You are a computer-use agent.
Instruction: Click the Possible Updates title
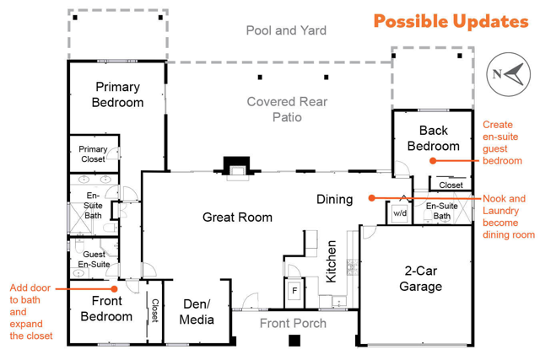[451, 21]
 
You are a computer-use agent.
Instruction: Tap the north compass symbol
[508, 74]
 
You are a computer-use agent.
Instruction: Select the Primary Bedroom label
[118, 94]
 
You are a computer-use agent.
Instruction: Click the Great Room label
[237, 218]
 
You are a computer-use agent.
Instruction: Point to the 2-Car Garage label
[421, 278]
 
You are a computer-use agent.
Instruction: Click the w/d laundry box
[400, 213]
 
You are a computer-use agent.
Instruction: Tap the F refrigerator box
[294, 291]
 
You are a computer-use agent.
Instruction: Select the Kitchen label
[331, 261]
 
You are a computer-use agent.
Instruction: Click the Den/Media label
[197, 312]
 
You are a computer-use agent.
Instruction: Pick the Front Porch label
[293, 323]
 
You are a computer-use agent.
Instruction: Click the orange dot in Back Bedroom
[433, 161]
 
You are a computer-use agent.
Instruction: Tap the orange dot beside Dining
[371, 198]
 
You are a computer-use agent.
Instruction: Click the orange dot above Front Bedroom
[115, 288]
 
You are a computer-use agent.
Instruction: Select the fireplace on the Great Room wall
[236, 169]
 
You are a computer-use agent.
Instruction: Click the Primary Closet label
[93, 154]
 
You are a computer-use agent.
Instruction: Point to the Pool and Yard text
[286, 30]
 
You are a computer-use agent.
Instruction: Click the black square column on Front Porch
[294, 341]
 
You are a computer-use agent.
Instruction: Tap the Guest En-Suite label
[94, 259]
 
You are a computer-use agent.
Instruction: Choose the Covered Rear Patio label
[287, 110]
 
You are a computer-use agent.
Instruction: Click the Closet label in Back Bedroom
[451, 185]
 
